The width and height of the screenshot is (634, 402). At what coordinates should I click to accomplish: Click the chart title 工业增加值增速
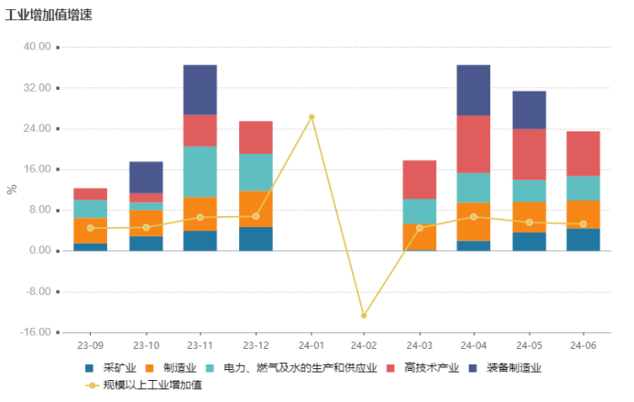pyautogui.click(x=49, y=16)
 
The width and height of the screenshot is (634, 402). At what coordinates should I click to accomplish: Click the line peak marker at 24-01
pyautogui.click(x=311, y=117)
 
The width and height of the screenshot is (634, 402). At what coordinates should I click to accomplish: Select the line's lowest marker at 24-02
pyautogui.click(x=364, y=316)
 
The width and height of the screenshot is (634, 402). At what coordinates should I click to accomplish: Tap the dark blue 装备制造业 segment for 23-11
pyautogui.click(x=200, y=90)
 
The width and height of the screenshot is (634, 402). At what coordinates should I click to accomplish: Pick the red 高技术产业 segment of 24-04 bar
pyautogui.click(x=474, y=144)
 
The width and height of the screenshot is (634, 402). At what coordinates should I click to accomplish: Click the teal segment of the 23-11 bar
pyautogui.click(x=200, y=171)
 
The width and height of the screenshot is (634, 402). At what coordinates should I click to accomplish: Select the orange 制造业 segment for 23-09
pyautogui.click(x=90, y=231)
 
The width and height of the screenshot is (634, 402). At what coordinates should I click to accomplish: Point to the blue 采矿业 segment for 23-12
pyautogui.click(x=256, y=238)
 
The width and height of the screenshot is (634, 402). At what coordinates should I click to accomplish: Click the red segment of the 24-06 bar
pyautogui.click(x=584, y=153)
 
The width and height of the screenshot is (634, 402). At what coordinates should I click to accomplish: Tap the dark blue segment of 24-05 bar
pyautogui.click(x=529, y=110)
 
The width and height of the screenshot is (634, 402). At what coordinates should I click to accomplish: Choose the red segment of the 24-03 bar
pyautogui.click(x=420, y=179)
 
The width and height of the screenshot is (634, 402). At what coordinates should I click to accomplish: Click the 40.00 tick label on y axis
pyautogui.click(x=37, y=47)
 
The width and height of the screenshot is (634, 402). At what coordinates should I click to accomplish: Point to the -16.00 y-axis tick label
pyautogui.click(x=35, y=332)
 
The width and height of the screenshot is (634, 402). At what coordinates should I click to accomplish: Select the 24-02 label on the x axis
pyautogui.click(x=364, y=346)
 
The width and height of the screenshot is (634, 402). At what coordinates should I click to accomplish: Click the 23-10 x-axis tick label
pyautogui.click(x=146, y=346)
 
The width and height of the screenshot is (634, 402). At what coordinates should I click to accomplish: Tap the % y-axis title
pyautogui.click(x=12, y=190)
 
